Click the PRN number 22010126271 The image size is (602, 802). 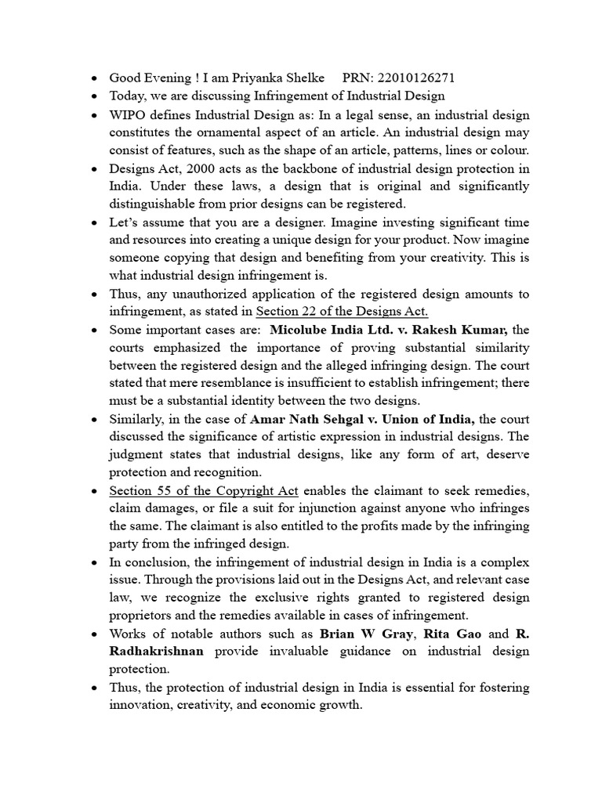click(416, 78)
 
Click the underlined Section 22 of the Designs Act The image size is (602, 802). click(342, 311)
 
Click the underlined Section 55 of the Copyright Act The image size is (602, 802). click(204, 490)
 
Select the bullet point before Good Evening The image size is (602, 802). click(93, 78)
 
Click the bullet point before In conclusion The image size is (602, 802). click(93, 562)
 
